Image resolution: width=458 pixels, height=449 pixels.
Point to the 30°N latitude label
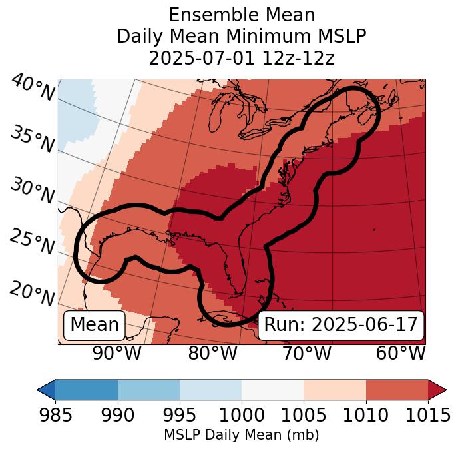point(32,191)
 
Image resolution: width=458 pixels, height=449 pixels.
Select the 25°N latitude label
point(32,242)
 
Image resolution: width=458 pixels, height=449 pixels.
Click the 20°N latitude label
point(32,293)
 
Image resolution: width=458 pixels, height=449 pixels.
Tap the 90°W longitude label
point(117,354)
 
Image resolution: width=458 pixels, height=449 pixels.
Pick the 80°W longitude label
point(212,354)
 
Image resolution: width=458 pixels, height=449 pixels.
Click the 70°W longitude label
point(306,354)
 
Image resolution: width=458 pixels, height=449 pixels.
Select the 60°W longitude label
point(400,354)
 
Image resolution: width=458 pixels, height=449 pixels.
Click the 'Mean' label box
point(95,325)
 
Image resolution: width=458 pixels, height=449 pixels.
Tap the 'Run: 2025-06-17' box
point(341,325)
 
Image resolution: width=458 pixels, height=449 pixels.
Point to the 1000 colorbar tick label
point(242,415)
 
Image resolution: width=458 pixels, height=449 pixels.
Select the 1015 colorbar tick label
point(427,415)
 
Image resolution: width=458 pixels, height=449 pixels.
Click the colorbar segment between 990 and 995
point(148,390)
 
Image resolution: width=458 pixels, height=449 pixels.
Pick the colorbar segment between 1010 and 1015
point(397,390)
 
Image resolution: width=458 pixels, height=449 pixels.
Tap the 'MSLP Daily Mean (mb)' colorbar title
point(241,436)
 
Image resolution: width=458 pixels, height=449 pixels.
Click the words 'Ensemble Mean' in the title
point(242,15)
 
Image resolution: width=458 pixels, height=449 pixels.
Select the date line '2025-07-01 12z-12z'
point(242,59)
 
